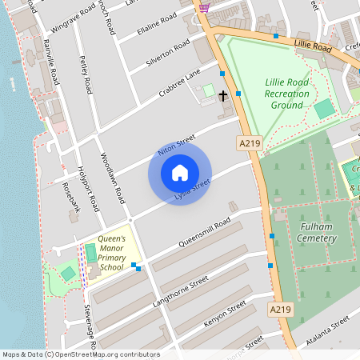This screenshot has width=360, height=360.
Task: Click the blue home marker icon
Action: pos(180,173)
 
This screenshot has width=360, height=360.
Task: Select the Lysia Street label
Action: pos(192,190)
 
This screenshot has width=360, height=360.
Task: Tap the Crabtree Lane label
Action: pos(179,82)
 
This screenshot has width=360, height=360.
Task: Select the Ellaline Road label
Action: pos(157,24)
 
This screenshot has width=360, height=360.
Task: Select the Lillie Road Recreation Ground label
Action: pos(286,94)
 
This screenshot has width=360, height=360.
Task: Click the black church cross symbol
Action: pos(222,96)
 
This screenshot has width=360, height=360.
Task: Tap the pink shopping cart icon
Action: pos(204,7)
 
